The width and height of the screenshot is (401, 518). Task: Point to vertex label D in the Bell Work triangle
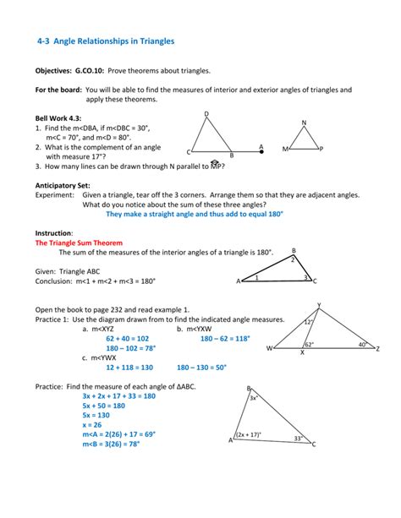click(x=206, y=114)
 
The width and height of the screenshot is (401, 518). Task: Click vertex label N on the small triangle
click(x=304, y=123)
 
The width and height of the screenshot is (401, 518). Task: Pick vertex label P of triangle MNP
click(x=321, y=149)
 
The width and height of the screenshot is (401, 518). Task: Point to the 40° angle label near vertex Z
click(x=361, y=345)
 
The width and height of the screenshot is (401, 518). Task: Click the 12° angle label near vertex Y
click(x=310, y=322)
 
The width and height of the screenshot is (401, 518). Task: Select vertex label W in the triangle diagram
click(x=270, y=348)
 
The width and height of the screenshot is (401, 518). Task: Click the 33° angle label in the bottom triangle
click(x=298, y=438)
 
